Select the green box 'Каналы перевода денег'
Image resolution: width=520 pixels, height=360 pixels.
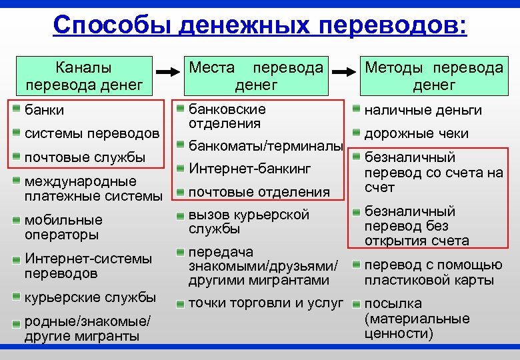tap(83, 76)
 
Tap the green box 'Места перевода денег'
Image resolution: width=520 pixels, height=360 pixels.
tap(257, 76)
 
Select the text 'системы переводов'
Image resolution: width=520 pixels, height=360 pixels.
tap(92, 133)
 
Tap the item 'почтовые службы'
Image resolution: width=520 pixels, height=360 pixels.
tap(85, 157)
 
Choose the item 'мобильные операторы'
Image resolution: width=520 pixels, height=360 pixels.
tap(63, 227)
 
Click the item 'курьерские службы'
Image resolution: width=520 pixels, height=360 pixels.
tap(90, 297)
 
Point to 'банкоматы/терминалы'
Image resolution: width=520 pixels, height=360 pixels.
tap(266, 145)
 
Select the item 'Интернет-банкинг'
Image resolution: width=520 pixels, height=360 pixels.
tap(250, 169)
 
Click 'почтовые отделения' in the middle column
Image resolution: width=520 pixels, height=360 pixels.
tap(259, 192)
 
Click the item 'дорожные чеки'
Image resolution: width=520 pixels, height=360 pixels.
tap(417, 133)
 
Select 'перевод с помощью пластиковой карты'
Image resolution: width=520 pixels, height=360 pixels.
tap(433, 272)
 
